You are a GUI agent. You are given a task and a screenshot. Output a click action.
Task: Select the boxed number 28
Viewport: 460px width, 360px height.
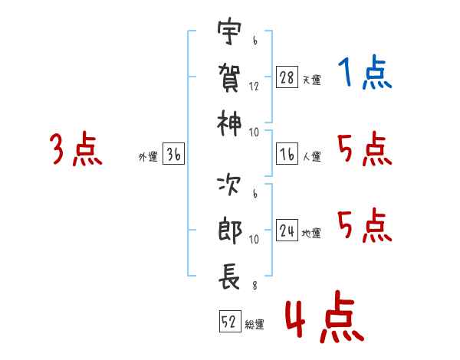coord(287,77)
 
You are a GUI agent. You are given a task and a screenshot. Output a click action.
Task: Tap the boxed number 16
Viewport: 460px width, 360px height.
coord(287,155)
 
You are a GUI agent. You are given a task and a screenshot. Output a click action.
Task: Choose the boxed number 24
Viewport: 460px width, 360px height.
coord(287,231)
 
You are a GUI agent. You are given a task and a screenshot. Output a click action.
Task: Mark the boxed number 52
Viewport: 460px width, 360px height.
coord(229,322)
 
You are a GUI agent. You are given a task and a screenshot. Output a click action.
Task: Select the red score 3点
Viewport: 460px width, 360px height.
coord(76,149)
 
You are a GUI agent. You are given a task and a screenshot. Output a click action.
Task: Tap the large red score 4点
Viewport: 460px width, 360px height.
coord(324,321)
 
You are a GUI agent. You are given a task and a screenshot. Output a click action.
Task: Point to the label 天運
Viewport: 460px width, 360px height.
coord(311,80)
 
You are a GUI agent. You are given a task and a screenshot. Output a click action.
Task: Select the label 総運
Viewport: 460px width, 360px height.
coord(255,325)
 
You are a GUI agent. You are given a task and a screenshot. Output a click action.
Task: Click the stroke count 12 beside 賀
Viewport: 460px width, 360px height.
coord(254,87)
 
